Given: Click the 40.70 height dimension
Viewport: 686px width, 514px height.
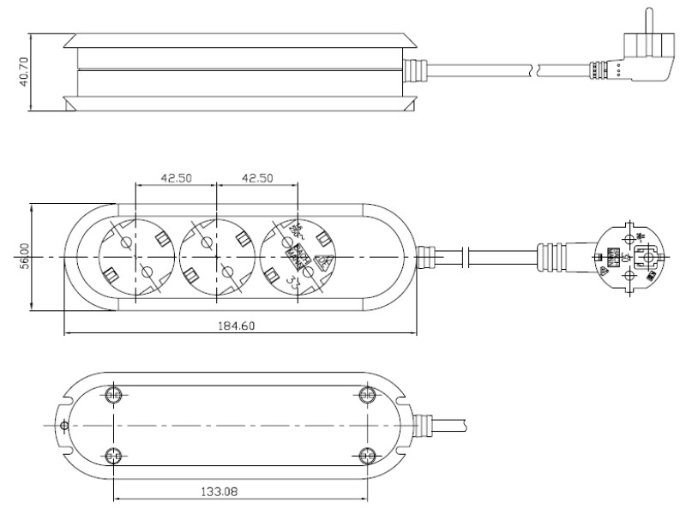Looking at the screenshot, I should [x=24, y=73].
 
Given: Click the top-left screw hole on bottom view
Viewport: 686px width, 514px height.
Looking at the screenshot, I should [x=113, y=395].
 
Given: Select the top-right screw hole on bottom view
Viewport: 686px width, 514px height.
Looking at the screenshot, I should [x=368, y=395].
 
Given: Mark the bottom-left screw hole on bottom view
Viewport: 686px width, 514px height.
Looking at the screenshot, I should [x=113, y=455].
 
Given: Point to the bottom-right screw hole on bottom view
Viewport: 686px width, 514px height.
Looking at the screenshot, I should [x=368, y=455].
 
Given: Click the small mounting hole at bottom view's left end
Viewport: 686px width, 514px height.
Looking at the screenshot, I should [x=63, y=426].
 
